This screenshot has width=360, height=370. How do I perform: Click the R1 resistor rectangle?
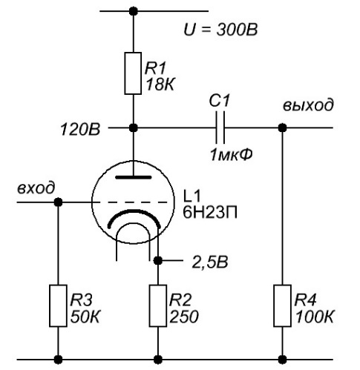(x=133, y=73)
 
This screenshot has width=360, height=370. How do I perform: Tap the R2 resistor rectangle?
(x=158, y=305)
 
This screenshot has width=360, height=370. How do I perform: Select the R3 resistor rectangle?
(x=58, y=305)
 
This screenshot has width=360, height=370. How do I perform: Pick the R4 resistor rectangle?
(x=282, y=305)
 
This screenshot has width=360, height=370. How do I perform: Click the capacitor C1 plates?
(x=220, y=128)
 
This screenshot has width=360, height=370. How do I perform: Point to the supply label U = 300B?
(x=220, y=30)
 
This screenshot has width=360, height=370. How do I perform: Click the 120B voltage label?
(x=80, y=130)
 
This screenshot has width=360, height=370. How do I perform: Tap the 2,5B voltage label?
(x=210, y=262)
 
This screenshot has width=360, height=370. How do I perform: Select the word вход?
(x=36, y=188)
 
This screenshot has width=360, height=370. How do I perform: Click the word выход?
(x=308, y=105)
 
